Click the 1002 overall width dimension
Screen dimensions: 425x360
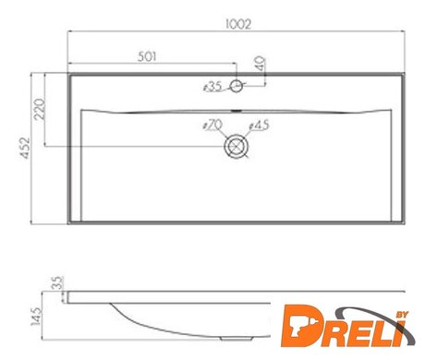click(238, 24)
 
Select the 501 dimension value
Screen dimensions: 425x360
click(147, 56)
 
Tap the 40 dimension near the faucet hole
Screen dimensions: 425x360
click(261, 64)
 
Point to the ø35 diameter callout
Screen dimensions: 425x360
click(212, 87)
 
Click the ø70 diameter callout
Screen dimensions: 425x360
click(212, 125)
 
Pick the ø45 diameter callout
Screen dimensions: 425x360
click(259, 125)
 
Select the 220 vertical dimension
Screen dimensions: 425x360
click(40, 109)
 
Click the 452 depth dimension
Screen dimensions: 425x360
click(25, 148)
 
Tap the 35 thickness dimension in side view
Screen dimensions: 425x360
click(57, 282)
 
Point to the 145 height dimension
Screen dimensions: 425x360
click(36, 317)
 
